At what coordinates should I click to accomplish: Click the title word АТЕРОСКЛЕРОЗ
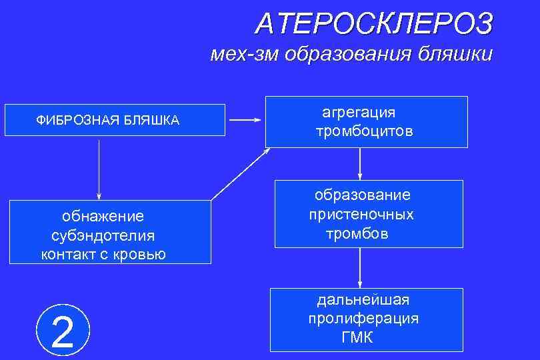375,24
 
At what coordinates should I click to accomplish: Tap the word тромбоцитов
365,131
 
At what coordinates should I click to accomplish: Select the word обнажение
103,216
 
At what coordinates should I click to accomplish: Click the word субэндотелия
103,235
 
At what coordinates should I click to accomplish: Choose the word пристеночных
361,215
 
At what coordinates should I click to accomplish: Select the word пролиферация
363,318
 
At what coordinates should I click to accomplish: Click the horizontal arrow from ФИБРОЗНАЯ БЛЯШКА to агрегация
245,120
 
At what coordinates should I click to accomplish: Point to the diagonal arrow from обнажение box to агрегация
241,173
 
